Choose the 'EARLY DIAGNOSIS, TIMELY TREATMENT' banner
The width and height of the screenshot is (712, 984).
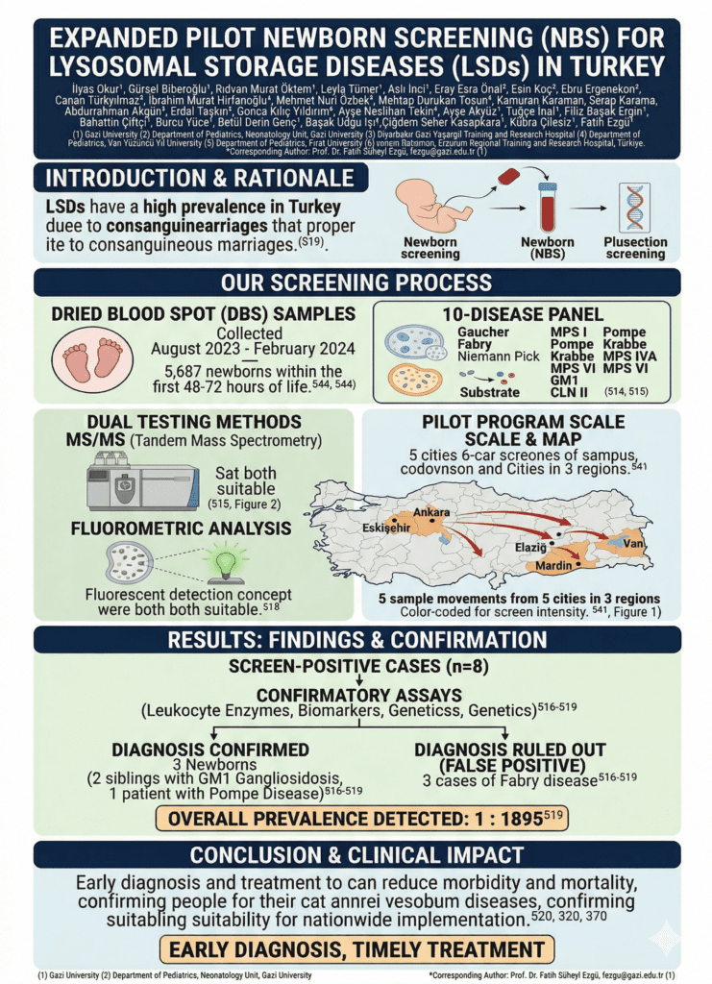(x=356, y=950)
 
